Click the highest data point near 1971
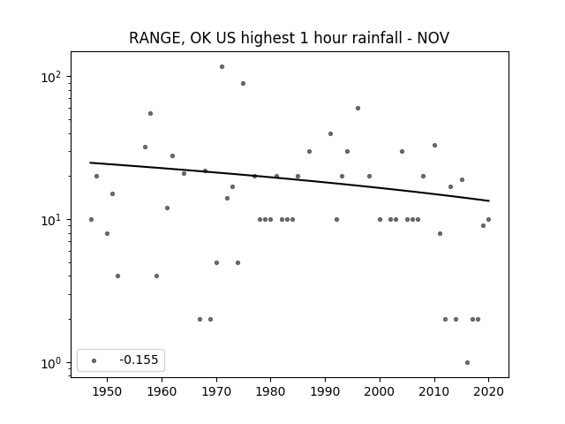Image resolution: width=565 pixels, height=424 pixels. coord(222,67)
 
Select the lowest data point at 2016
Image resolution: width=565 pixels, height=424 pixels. coord(467,363)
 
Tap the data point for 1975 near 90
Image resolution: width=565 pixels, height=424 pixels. coord(244,84)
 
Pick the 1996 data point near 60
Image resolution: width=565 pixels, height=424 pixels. coord(358,108)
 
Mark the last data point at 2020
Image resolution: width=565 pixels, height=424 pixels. coord(488,220)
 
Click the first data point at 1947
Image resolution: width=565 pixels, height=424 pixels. coord(91,220)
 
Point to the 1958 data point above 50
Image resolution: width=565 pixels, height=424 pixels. coord(151,114)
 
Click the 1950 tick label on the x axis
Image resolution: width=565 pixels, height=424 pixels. coord(107,391)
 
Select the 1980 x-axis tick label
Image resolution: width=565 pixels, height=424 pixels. coord(271,391)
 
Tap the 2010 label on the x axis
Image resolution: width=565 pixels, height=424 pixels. coord(434,391)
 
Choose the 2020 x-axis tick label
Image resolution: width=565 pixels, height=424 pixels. coord(488,391)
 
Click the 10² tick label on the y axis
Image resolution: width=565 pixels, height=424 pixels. coord(53,77)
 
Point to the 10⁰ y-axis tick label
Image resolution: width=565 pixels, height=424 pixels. coord(53,363)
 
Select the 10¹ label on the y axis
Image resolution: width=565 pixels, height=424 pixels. coord(53,220)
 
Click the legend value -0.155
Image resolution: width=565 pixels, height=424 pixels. coord(139,360)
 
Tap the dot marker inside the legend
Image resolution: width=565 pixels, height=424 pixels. coord(94,360)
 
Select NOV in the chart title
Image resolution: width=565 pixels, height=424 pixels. coord(433,37)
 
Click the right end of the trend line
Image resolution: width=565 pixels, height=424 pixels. coord(489,201)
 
